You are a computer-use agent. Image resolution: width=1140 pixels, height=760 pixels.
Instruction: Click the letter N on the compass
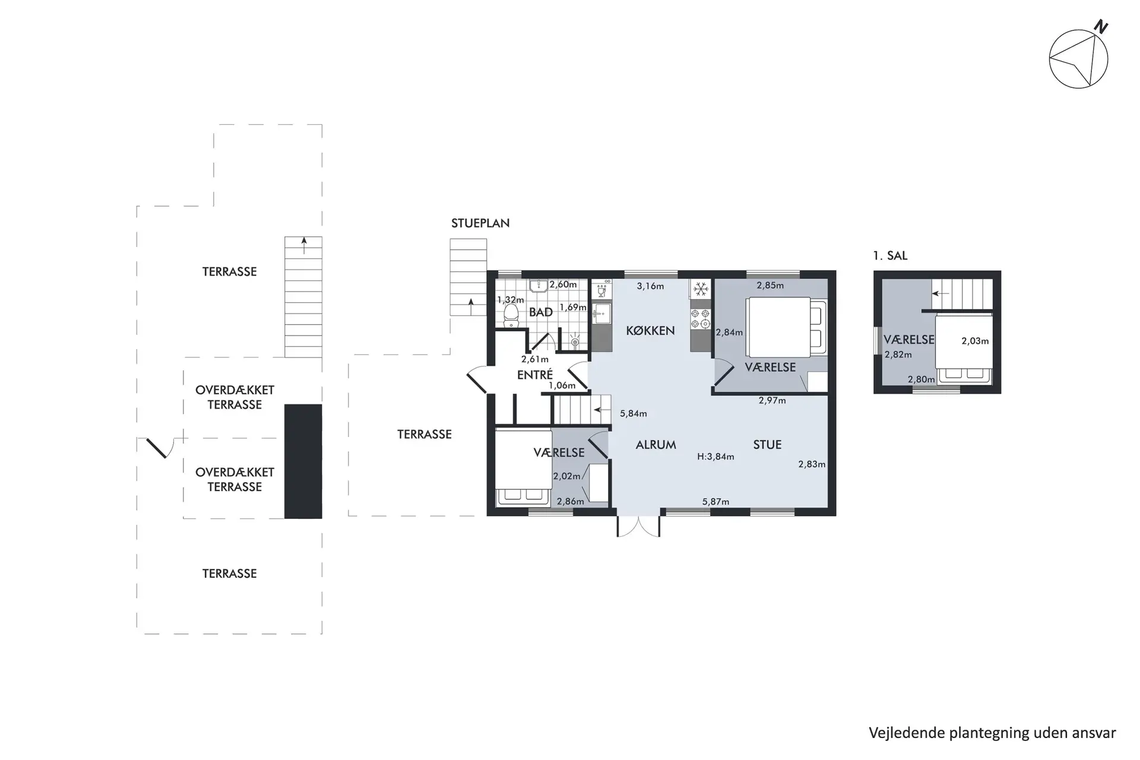coord(1101,27)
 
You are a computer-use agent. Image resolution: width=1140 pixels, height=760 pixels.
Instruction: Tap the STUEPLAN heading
coord(480,223)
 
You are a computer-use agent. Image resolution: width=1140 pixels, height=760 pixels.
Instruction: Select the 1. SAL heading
coord(890,256)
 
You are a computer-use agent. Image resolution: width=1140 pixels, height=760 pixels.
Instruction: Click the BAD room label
coord(541,312)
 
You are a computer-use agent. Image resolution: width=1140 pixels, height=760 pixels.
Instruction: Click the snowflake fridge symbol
coord(701,290)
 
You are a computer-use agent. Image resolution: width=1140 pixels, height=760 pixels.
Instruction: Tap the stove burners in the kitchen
coord(701,319)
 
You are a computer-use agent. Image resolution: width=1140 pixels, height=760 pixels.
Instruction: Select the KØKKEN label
coord(650,331)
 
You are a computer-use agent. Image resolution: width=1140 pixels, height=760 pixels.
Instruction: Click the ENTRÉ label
coord(535,375)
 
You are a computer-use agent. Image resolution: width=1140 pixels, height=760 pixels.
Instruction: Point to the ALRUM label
coord(655,445)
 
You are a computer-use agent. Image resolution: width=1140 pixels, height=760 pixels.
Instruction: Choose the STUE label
coord(767,445)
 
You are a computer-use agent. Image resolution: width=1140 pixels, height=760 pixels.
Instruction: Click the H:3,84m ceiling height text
coord(715,457)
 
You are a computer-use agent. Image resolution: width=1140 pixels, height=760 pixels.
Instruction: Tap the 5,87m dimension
coord(715,502)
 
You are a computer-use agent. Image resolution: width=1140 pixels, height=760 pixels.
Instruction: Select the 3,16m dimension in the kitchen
coord(650,286)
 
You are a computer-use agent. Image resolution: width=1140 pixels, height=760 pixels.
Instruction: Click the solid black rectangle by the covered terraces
coord(303,461)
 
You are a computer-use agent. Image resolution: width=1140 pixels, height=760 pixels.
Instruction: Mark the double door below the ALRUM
coord(638,525)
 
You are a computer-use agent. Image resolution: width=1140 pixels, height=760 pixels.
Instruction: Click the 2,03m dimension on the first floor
coord(975,341)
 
